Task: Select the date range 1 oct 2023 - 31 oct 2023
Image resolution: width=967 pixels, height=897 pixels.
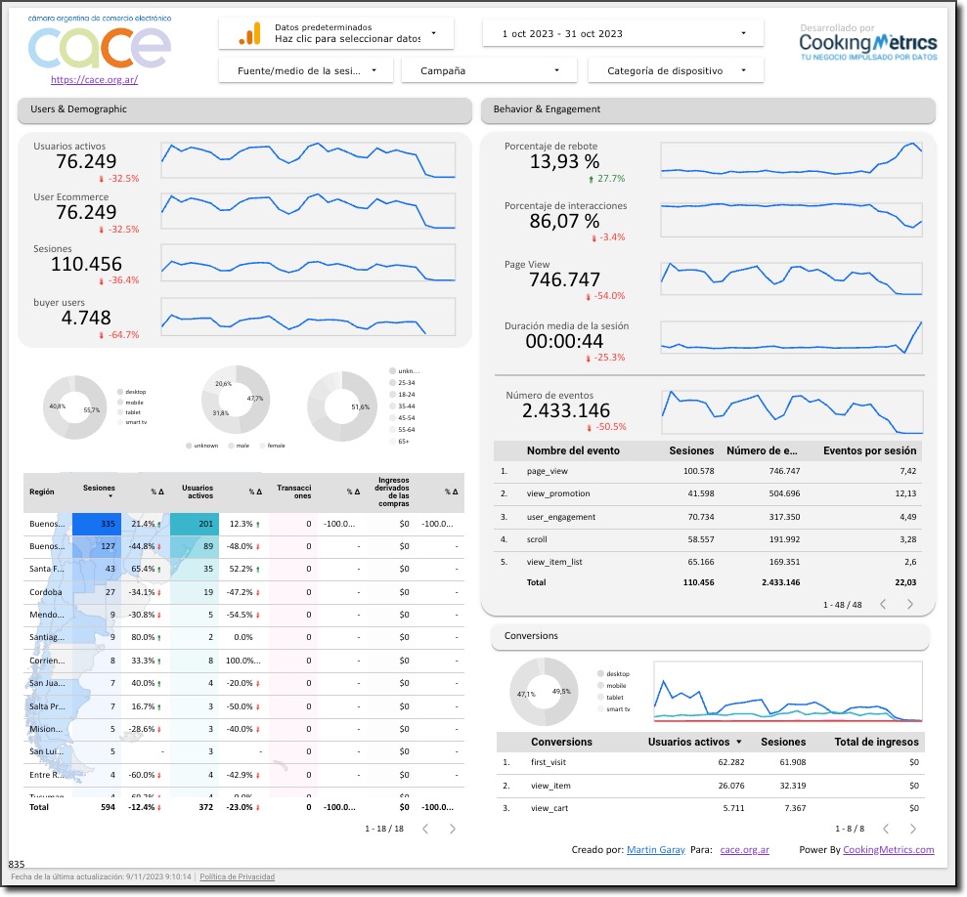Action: click(622, 33)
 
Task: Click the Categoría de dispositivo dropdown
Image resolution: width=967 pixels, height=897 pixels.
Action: click(676, 70)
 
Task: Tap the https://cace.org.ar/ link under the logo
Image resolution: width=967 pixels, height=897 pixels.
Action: click(94, 80)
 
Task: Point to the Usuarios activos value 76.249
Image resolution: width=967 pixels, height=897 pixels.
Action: click(86, 161)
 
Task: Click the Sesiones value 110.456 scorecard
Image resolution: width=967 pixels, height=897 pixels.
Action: click(86, 264)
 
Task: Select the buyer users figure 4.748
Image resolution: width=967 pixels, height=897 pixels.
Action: click(86, 318)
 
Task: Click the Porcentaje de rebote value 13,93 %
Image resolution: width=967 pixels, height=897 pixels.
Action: click(564, 162)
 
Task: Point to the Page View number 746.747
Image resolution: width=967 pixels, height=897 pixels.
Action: click(564, 279)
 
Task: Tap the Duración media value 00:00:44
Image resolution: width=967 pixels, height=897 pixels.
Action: click(564, 341)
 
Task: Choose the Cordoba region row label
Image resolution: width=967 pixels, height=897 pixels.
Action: click(46, 592)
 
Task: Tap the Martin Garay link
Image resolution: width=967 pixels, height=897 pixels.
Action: click(655, 850)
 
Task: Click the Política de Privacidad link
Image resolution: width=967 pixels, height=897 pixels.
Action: click(238, 877)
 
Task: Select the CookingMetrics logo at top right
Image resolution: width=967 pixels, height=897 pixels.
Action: click(867, 44)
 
